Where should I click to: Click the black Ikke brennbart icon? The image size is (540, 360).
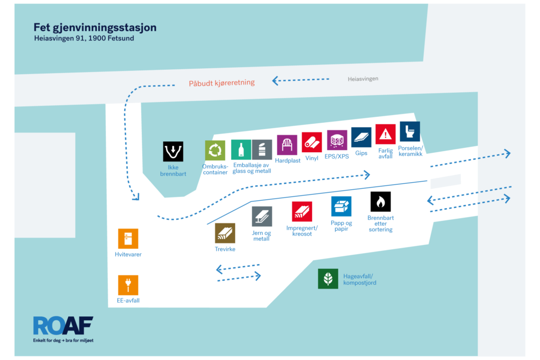(173, 152)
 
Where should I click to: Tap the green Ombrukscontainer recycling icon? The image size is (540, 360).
(215, 151)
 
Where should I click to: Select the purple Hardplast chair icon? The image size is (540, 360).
(287, 145)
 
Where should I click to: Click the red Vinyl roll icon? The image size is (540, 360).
(311, 142)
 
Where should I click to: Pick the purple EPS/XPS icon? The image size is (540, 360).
(337, 140)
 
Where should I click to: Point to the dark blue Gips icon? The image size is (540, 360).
(361, 137)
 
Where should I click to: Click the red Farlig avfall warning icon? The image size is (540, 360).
(386, 134)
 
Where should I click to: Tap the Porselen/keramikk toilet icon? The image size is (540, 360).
(410, 131)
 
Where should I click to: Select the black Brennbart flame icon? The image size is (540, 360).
(381, 201)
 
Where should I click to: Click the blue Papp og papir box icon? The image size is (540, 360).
(341, 207)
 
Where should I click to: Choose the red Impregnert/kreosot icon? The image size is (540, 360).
(302, 212)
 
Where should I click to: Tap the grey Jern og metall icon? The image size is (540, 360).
(262, 217)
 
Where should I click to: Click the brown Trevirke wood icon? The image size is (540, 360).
(225, 233)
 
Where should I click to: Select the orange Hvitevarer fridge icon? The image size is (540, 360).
(128, 239)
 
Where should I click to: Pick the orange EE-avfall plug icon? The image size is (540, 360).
(128, 285)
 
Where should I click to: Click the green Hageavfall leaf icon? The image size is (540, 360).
(328, 279)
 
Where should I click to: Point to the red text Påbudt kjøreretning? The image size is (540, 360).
(222, 83)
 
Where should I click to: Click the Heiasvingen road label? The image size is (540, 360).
(363, 79)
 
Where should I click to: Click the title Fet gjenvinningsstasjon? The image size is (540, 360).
(95, 27)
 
